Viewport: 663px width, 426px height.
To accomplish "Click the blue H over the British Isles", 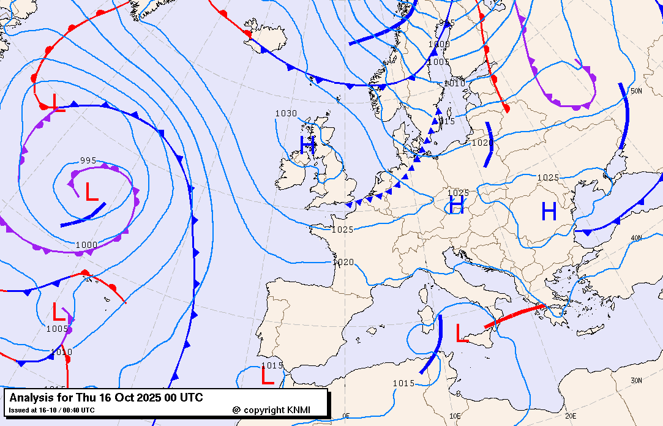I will click(307, 144).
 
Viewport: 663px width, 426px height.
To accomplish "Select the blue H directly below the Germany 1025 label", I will click(456, 205).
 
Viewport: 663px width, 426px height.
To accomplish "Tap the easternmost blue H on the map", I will click(549, 212).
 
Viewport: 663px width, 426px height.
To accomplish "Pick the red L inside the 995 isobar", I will click(91, 192).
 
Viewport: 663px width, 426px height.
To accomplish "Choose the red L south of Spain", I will click(267, 375).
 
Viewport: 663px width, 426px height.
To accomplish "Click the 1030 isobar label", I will click(286, 113).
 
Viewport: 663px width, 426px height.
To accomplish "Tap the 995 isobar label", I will click(88, 161).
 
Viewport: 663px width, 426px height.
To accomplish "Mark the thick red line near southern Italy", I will click(514, 316).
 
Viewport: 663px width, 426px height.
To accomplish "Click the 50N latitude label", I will click(636, 91).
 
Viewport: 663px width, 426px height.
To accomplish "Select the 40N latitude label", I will click(636, 238).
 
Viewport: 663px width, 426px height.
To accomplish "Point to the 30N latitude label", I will click(636, 381).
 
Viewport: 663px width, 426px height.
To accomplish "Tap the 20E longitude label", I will click(571, 416).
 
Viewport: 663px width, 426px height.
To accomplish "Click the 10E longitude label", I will click(455, 416).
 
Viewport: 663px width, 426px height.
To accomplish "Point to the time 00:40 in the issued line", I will click(72, 410).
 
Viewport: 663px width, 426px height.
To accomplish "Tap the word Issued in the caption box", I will click(19, 410).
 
